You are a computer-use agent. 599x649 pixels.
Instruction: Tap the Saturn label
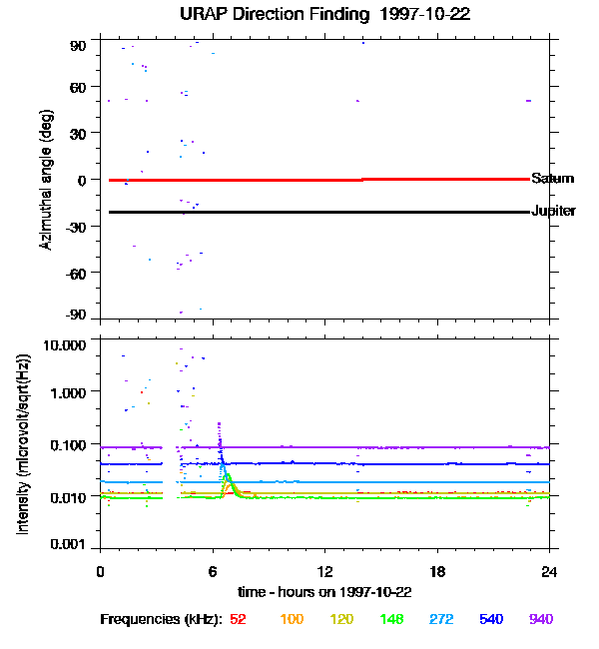(x=552, y=179)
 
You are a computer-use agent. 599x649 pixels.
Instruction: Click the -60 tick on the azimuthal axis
(x=77, y=273)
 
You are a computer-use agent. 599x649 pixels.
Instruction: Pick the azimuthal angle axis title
(x=45, y=180)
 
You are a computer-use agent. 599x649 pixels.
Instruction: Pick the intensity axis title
(x=23, y=444)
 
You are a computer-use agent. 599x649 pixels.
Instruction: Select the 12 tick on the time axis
(x=325, y=571)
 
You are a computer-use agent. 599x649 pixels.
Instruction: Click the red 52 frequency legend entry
(x=238, y=619)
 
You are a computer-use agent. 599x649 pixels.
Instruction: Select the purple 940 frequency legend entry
(x=541, y=619)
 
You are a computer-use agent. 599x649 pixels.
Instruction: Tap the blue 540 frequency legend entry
(x=490, y=619)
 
